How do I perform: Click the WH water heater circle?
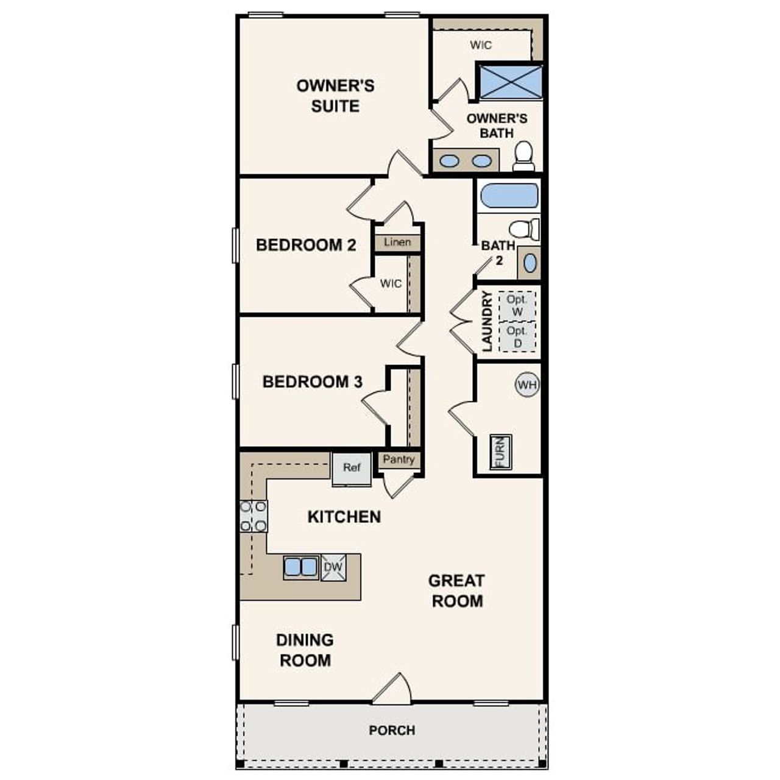(527, 385)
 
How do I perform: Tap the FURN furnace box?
(501, 452)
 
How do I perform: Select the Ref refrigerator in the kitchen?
(352, 469)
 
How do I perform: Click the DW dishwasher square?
(333, 567)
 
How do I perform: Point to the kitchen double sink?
(301, 567)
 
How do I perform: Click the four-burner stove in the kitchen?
(253, 516)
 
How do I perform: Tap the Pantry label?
(399, 459)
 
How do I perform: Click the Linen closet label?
(397, 243)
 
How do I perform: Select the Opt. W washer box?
(517, 306)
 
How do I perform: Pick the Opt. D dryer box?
(517, 337)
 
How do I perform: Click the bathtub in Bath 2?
(509, 196)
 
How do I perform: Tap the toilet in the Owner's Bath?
(523, 156)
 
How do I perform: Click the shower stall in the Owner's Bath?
(509, 81)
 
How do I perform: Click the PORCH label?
(392, 730)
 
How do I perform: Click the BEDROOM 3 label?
(312, 382)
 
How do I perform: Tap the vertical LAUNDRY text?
(487, 321)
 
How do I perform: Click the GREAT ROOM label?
(456, 590)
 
